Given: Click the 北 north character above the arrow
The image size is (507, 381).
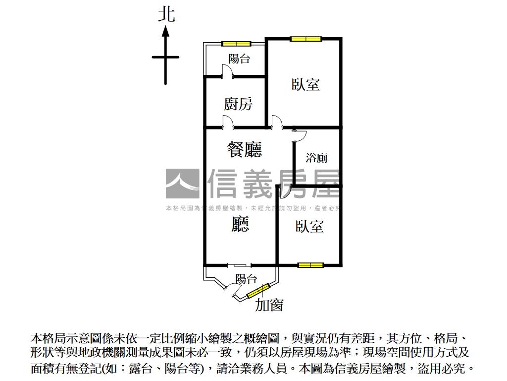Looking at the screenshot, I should click(166, 13).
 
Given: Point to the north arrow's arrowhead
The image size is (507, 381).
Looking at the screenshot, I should click(166, 31).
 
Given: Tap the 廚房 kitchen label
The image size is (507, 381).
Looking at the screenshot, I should click(238, 104).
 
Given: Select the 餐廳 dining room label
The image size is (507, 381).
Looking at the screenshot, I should click(244, 149).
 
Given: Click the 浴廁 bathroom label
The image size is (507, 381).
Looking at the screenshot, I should click(316, 158).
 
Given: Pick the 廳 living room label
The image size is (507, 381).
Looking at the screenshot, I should click(240, 225).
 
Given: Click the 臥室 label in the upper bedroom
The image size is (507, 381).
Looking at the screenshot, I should click(305, 84).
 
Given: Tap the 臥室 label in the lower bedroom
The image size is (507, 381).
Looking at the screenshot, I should click(309, 227).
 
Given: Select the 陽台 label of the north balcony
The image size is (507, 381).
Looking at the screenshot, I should click(239, 59).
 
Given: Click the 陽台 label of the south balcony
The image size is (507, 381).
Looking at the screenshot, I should click(246, 279).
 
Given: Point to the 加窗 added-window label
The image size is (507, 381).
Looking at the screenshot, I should click(269, 305).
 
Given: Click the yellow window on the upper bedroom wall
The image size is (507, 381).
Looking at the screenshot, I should click(305, 39).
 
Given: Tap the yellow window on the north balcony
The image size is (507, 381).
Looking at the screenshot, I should click(236, 44).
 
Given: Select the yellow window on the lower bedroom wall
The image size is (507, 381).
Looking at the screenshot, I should click(310, 265).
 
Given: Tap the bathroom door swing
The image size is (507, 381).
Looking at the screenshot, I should click(299, 133).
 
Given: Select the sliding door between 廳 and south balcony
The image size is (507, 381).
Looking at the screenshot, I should click(239, 265).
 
